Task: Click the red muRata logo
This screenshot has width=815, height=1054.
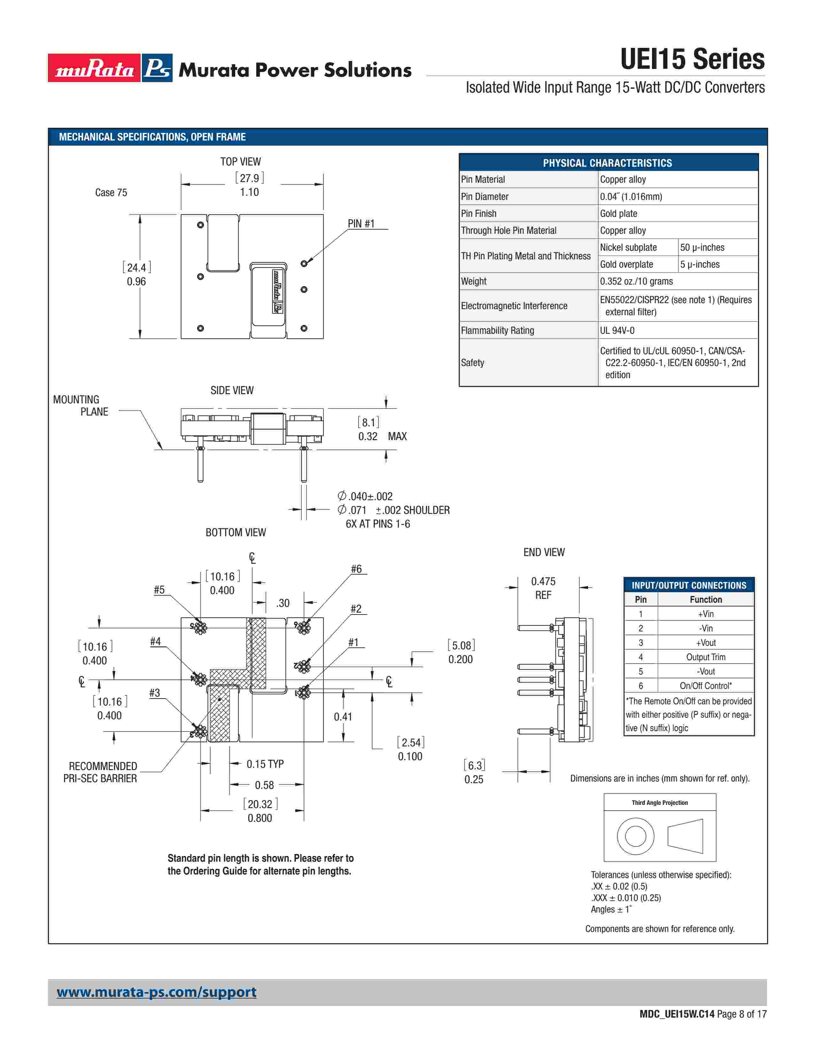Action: [x=94, y=68]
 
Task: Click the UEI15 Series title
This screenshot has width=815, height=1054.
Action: [x=692, y=59]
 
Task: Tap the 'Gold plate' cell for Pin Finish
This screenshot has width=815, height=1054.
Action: [x=618, y=213]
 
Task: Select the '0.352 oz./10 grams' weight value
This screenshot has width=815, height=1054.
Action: [x=636, y=281]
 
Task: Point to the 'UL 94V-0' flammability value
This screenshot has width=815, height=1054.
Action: [x=617, y=331]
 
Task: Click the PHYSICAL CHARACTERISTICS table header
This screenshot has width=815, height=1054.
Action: [x=607, y=163]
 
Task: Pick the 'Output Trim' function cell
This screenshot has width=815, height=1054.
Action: [x=705, y=657]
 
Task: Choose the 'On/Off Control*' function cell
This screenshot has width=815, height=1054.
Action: [x=705, y=686]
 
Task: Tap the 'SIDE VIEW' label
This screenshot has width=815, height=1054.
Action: [x=232, y=390]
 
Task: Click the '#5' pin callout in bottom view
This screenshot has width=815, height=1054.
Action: [x=159, y=590]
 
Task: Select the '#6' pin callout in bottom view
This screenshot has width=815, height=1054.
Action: [x=356, y=569]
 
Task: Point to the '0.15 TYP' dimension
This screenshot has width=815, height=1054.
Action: [x=265, y=764]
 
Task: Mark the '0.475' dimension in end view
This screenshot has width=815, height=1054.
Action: [x=543, y=582]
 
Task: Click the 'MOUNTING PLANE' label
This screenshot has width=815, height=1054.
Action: [x=81, y=405]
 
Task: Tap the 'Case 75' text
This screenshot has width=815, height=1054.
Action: [x=111, y=193]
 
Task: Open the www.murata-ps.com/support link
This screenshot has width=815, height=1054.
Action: [x=156, y=992]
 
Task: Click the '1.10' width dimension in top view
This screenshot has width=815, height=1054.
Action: [x=249, y=192]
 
